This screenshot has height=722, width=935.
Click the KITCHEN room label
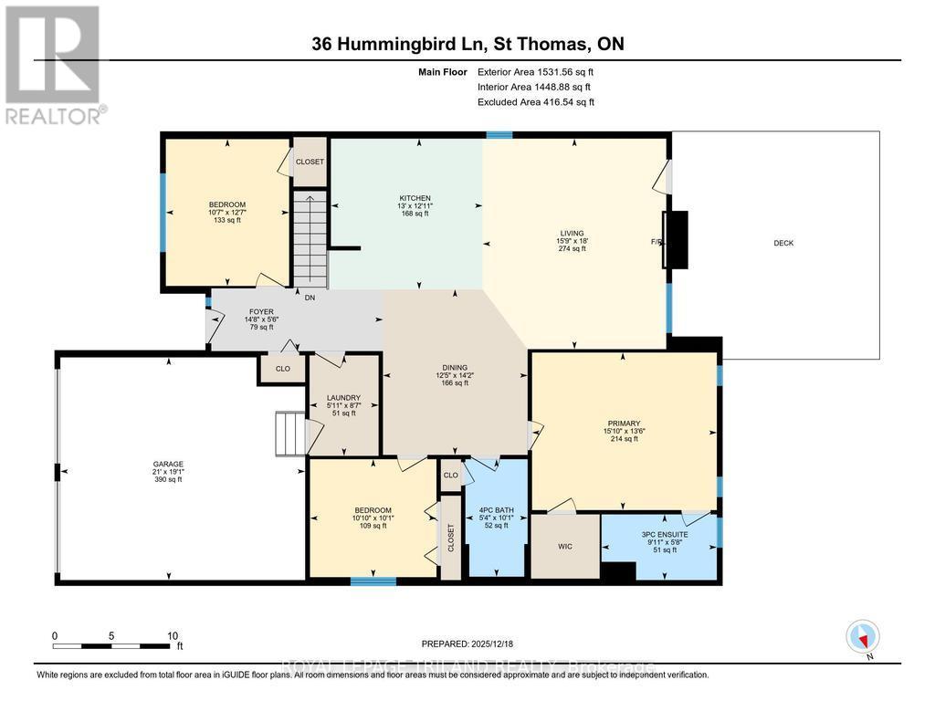415,198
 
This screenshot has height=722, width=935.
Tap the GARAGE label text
168,464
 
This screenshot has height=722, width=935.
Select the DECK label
783,243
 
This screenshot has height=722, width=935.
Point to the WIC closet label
565,547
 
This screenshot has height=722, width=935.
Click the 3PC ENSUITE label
664,533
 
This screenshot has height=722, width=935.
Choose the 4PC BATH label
497,509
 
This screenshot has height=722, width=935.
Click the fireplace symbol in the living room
676,240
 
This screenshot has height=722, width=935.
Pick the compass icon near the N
862,635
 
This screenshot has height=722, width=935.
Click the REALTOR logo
53,64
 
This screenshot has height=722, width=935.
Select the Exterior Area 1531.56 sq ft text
535,71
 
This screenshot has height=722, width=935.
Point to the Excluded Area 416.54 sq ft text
535,102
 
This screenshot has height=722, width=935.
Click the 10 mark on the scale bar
172,635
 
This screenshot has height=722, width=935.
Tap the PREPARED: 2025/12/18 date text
472,644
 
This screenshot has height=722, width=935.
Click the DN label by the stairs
310,298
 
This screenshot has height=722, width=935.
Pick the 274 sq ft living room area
573,248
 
